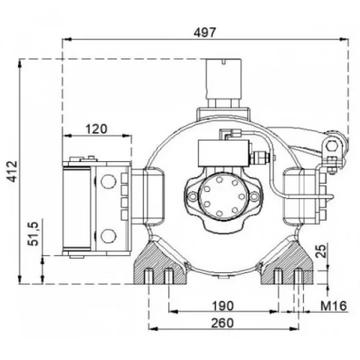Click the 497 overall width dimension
pos(205,32)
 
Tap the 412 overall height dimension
pos(12,171)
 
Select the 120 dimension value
pos(96,129)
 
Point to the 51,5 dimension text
pos(33,234)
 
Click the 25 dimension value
pos(321,250)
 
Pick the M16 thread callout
pos(334,305)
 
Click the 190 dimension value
pos(223,306)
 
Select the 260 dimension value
pos(223,323)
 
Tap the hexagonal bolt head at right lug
pos(331,146)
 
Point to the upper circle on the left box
pos(109,181)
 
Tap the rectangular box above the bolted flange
pos(224,153)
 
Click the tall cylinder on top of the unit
pos(223,78)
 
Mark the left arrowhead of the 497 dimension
pos(67,39)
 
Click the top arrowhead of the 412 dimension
pos(20,64)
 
